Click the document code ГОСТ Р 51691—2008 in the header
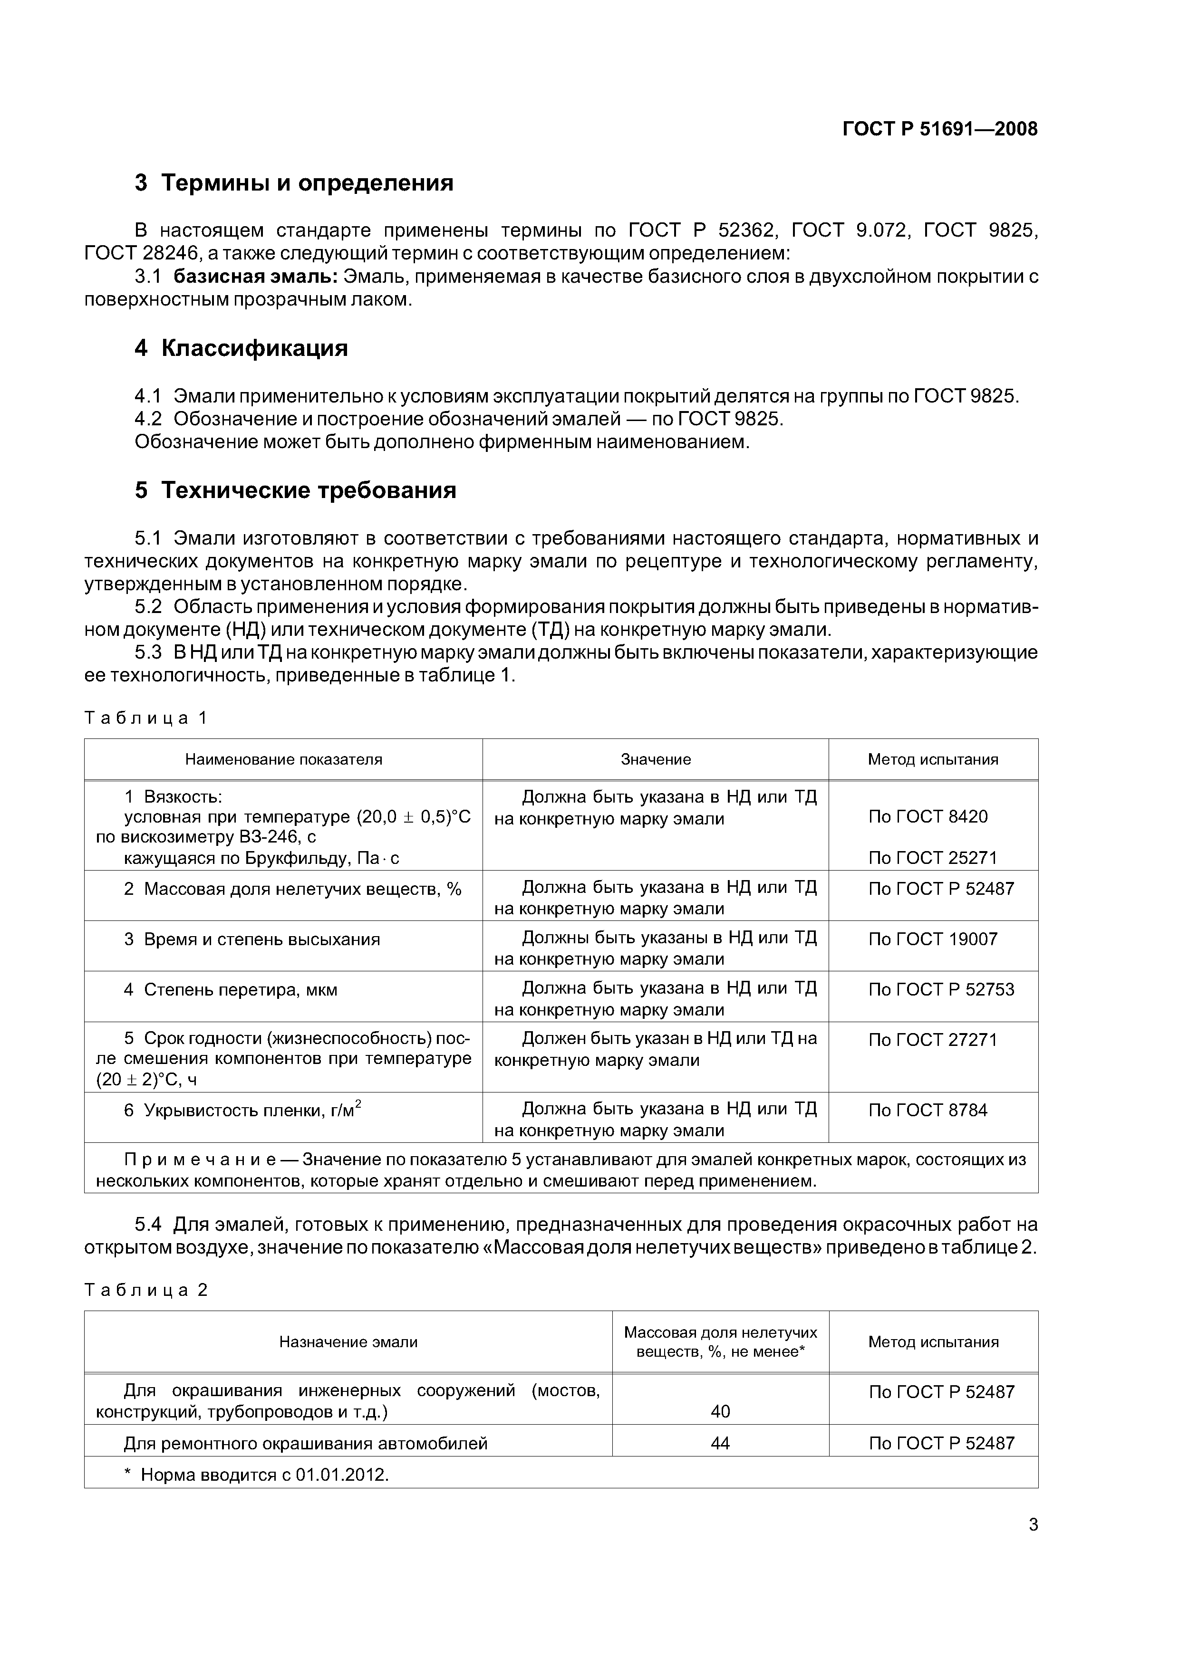pos(939,129)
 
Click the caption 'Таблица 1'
pos(146,718)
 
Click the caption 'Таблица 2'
pos(146,1290)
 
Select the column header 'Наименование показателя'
pos(283,759)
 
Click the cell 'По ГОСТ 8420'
pos(928,817)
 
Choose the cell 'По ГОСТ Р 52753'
pos(941,989)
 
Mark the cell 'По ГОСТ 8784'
pos(928,1110)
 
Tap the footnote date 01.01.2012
pos(341,1475)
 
